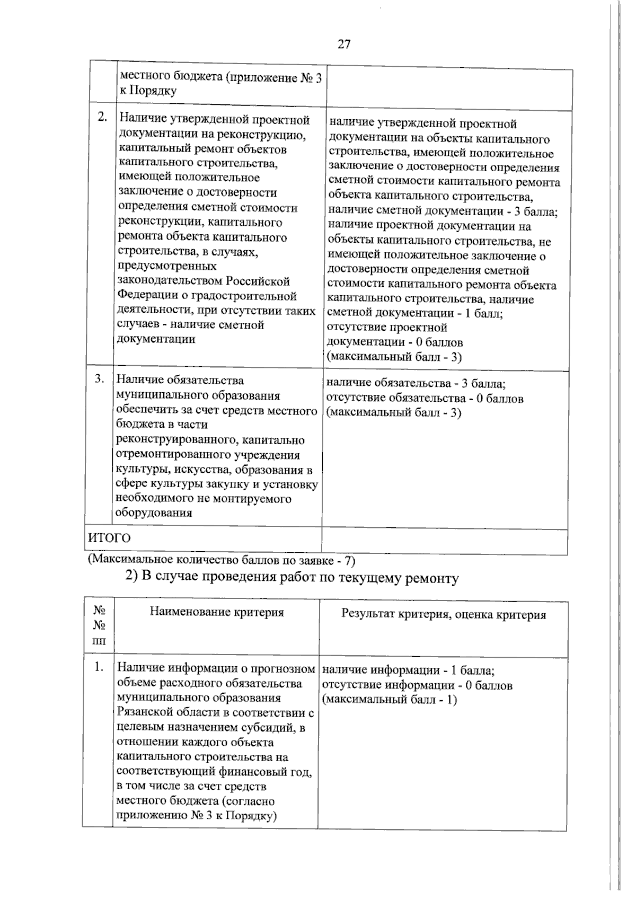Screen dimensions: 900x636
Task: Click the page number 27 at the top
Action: click(x=344, y=45)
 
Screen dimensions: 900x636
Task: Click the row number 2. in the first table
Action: click(x=103, y=117)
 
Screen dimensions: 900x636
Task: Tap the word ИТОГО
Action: click(x=109, y=538)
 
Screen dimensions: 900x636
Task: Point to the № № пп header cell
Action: click(x=99, y=626)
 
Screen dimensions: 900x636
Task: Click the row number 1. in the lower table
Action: click(x=99, y=667)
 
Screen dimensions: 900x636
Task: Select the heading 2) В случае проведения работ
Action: click(x=291, y=577)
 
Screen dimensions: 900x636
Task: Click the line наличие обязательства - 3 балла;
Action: click(x=416, y=384)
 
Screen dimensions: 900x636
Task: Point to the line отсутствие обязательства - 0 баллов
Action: click(x=425, y=398)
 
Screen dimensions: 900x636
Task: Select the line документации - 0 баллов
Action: click(x=395, y=342)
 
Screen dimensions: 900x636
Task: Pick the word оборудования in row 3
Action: click(x=154, y=513)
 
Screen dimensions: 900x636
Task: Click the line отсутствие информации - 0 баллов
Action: click(x=417, y=685)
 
